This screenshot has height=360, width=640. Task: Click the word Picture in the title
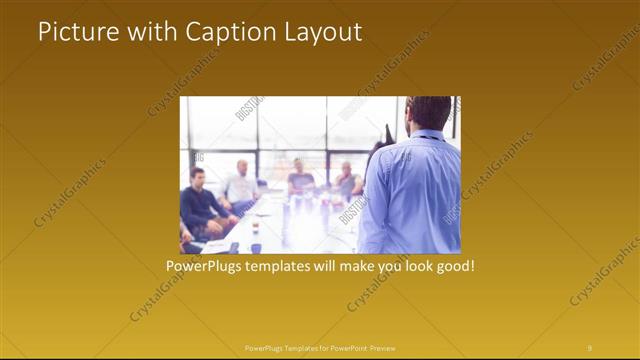pos(79,32)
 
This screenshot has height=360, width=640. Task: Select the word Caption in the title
pos(226,32)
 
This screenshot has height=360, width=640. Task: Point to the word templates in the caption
pos(286,267)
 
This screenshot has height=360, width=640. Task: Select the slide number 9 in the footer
pos(589,347)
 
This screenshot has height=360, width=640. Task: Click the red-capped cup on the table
pos(256,228)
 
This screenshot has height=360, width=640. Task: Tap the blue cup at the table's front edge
pos(256,246)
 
